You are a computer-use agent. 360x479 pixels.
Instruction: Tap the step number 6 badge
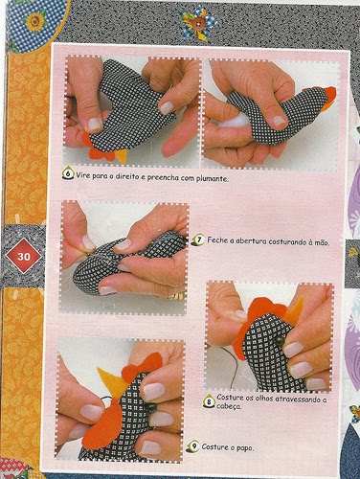pyautogui.click(x=68, y=175)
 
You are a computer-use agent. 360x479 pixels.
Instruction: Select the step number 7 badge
pyautogui.click(x=198, y=240)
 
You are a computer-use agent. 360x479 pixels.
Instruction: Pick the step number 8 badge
pyautogui.click(x=209, y=399)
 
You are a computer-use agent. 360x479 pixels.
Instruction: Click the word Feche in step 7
pyautogui.click(x=218, y=242)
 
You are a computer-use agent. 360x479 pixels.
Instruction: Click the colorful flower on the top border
pyautogui.click(x=197, y=20)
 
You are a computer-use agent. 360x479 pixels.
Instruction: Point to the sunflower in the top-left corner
pyautogui.click(x=34, y=18)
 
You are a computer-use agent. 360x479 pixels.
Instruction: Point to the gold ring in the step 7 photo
pyautogui.click(x=174, y=296)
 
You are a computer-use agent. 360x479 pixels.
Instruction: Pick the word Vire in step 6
pyautogui.click(x=85, y=176)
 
